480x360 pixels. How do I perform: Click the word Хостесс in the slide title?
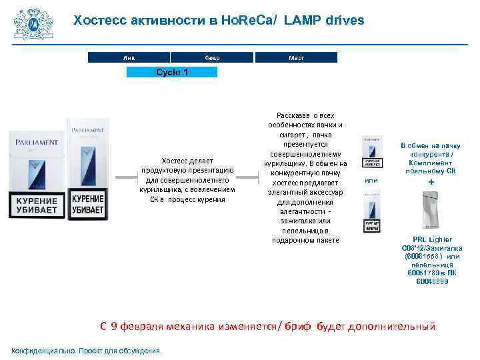click(x=99, y=20)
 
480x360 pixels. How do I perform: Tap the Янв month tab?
click(x=129, y=58)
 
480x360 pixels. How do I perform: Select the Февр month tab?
click(x=211, y=58)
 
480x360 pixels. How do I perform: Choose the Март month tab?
click(x=296, y=58)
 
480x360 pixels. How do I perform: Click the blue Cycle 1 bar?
click(x=172, y=72)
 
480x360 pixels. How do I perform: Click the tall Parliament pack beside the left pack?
click(x=87, y=167)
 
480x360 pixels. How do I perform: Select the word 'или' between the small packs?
click(x=371, y=180)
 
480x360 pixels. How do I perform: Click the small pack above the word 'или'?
click(x=371, y=153)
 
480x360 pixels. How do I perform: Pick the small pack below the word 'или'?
click(x=371, y=211)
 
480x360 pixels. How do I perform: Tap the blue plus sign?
click(x=431, y=182)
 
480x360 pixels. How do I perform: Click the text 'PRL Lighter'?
click(x=432, y=239)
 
